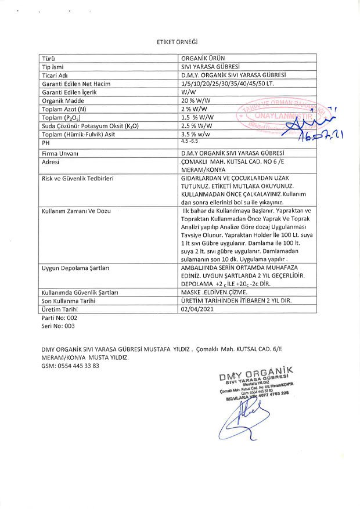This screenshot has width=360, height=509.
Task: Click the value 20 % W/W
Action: click(x=195, y=100)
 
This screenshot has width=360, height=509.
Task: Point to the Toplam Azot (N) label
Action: click(x=64, y=109)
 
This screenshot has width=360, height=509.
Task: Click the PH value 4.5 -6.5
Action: click(x=190, y=142)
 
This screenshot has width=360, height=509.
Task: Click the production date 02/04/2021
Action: click(x=197, y=310)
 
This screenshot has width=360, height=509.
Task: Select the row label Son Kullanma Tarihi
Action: click(x=69, y=301)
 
